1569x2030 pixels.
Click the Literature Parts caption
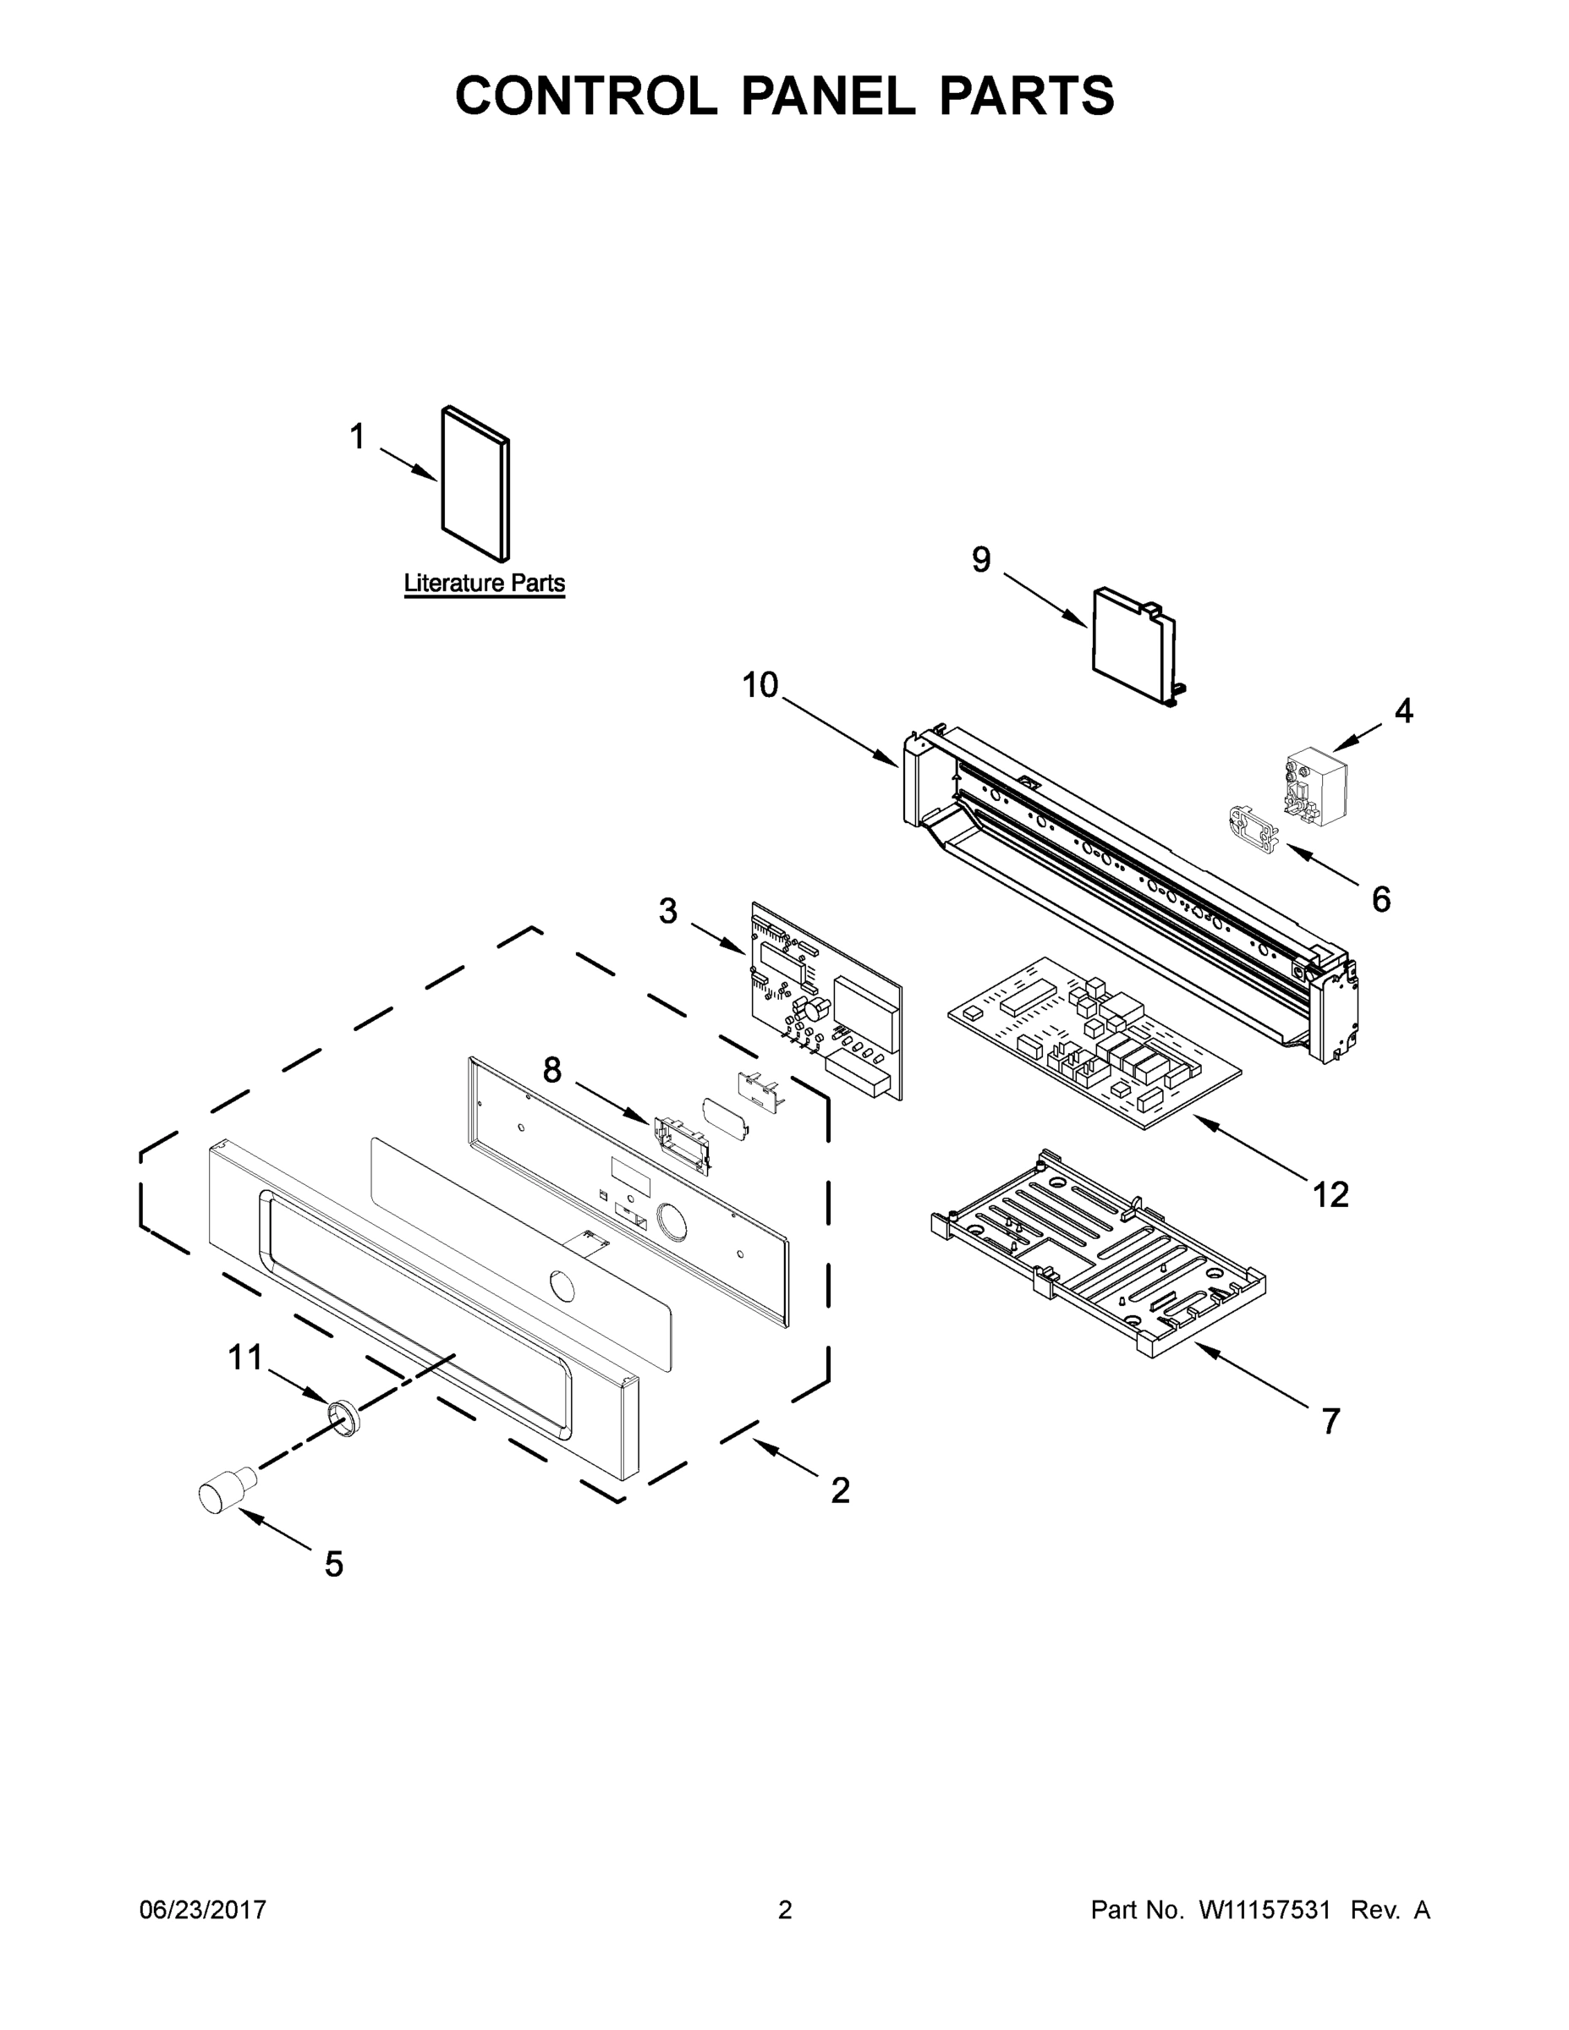tap(485, 584)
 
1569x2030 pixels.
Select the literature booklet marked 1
tap(475, 486)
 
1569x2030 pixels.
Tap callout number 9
tap(981, 561)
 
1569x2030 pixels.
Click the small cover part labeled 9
tap(1133, 642)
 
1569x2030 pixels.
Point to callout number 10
tap(760, 686)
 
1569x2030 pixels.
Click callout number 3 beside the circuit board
tap(667, 912)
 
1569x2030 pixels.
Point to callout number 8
tap(552, 1071)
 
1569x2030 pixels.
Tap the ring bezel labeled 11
tap(345, 1421)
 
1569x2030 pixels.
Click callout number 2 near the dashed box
tap(840, 1492)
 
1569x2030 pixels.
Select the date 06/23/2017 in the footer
tap(203, 1910)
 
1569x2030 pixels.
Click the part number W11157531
tap(1265, 1910)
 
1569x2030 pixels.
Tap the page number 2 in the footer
tap(785, 1910)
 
